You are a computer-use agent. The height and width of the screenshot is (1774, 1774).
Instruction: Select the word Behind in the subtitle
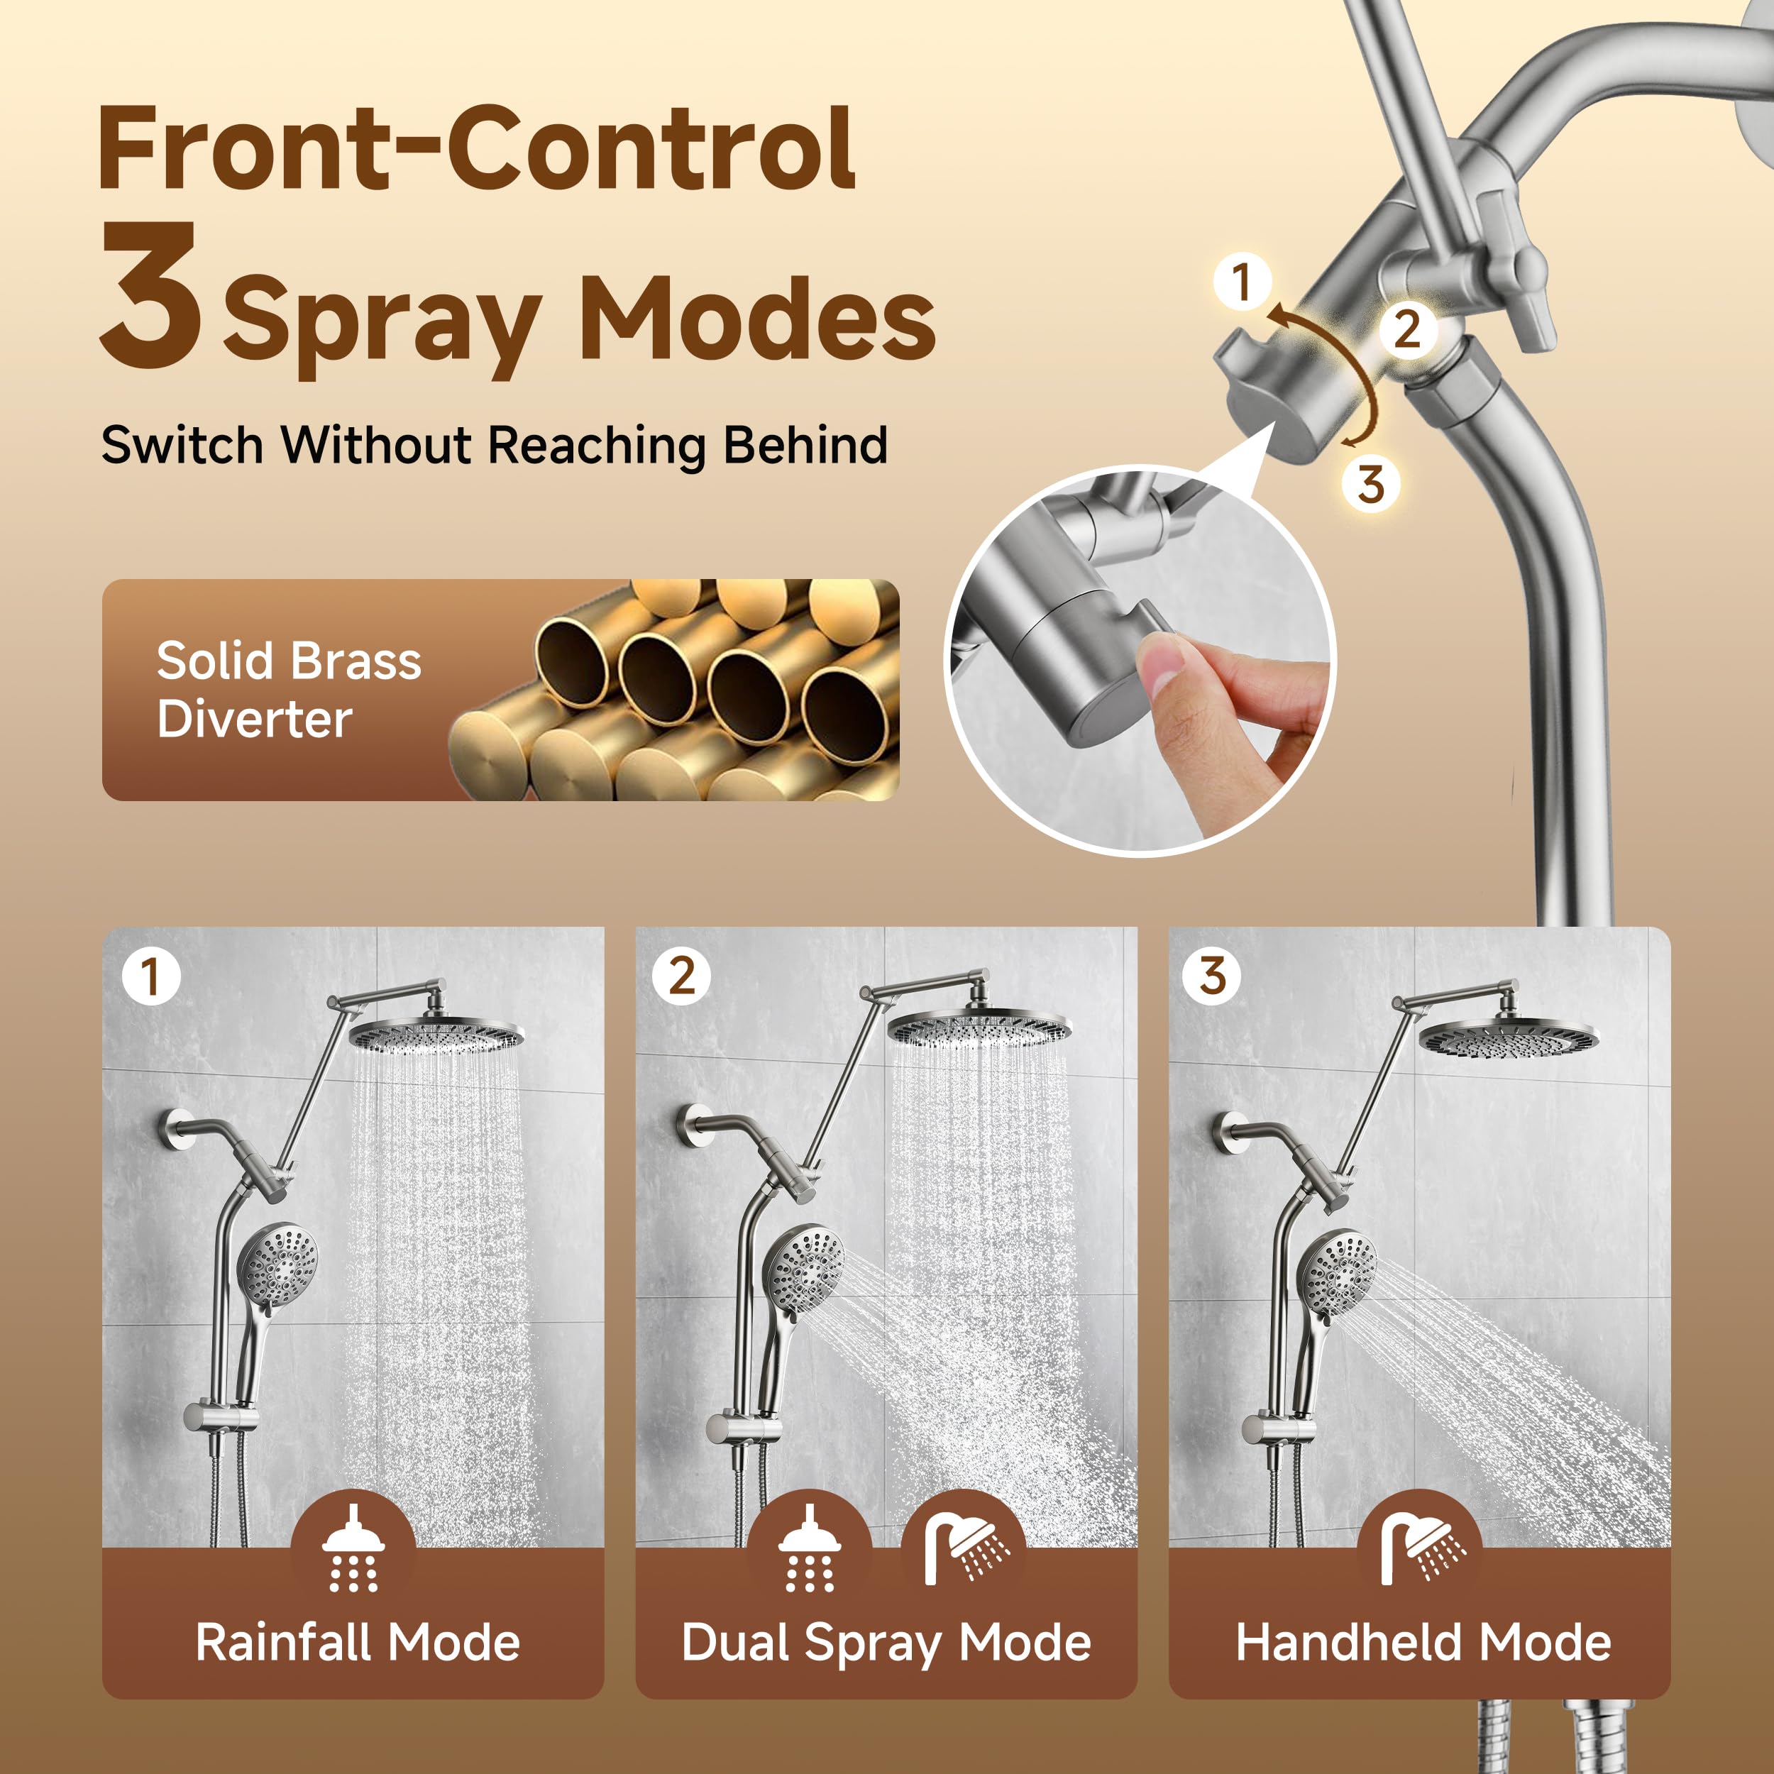[x=805, y=446]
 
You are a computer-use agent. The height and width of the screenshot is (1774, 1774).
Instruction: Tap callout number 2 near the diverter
[x=1406, y=329]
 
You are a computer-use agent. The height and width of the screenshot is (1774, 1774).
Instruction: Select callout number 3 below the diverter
[x=1370, y=484]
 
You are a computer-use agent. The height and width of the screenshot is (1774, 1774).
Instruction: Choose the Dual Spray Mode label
[x=886, y=1642]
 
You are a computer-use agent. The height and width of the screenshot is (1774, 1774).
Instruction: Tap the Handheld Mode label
[x=1423, y=1642]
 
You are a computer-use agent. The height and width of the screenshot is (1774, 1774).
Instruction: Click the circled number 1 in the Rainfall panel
[x=150, y=976]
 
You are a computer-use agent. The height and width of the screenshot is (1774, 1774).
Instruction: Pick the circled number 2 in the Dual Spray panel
[x=681, y=976]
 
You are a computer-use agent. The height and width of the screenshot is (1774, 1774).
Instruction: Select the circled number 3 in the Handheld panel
[x=1212, y=976]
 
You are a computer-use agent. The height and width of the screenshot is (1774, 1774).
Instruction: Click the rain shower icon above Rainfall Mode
[x=353, y=1547]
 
